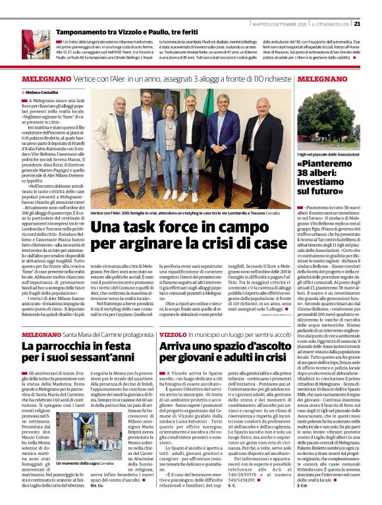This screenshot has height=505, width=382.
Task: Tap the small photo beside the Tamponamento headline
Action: (x=36, y=42)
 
